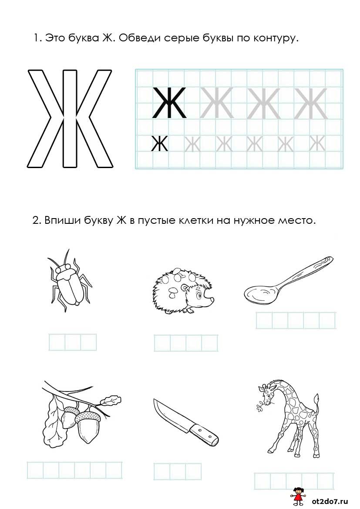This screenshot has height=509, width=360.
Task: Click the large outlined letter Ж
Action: point(70,118)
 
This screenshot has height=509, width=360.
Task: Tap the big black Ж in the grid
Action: point(169,103)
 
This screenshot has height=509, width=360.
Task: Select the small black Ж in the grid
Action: point(160,144)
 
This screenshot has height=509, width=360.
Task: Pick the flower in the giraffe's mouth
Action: point(261,408)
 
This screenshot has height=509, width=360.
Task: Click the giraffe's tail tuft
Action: point(316,400)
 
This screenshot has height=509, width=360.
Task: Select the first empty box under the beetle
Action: point(57,342)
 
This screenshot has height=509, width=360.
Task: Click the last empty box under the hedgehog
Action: point(210,343)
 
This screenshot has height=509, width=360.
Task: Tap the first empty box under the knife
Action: point(161,472)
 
